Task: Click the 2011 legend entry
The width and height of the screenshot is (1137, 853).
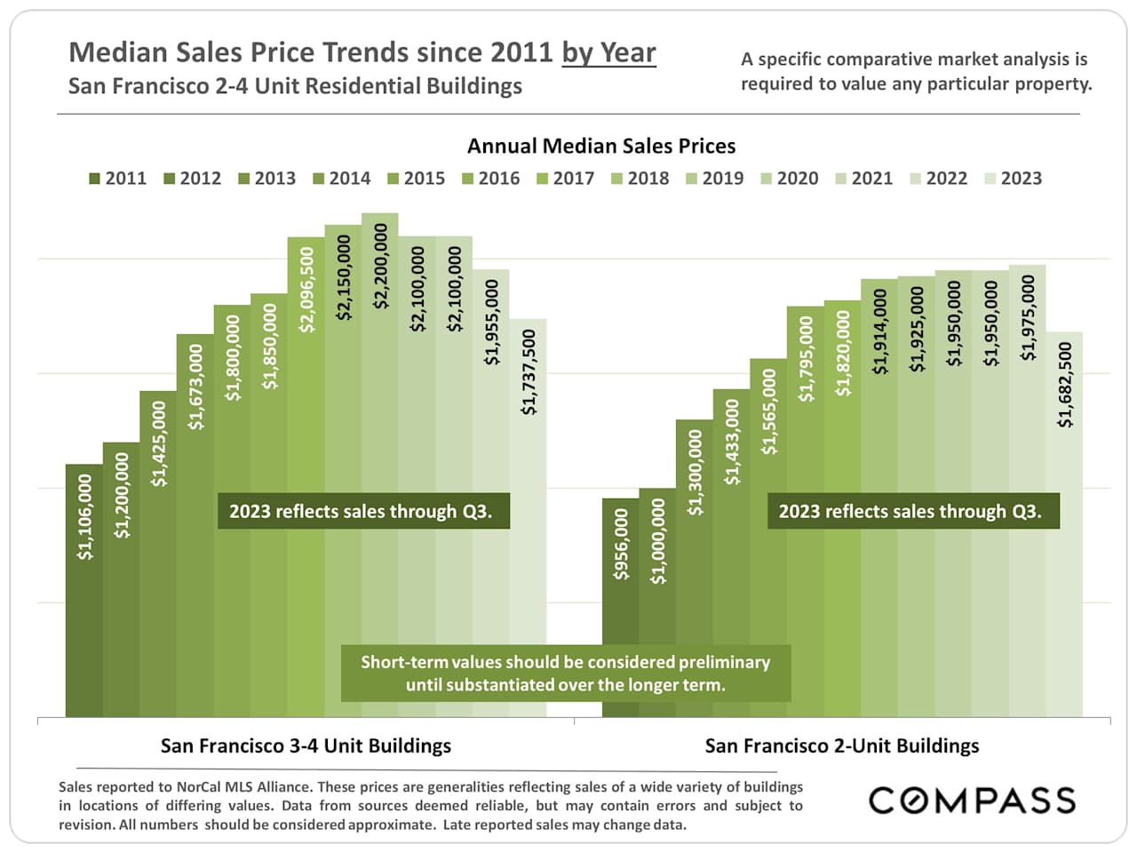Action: point(118,179)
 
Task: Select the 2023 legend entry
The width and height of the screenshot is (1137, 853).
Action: point(1014,179)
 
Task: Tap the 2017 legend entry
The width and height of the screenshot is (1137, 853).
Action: point(566,179)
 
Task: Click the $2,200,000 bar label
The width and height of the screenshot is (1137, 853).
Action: point(380,265)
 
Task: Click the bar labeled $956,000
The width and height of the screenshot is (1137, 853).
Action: point(621,622)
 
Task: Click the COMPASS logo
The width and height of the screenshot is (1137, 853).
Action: point(972,800)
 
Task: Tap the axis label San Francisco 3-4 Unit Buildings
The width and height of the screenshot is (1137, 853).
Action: point(306,745)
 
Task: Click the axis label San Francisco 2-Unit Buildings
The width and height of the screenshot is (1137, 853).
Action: point(842,745)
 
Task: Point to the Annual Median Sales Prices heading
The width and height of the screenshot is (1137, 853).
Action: point(601,146)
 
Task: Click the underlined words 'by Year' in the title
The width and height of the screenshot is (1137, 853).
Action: point(608,52)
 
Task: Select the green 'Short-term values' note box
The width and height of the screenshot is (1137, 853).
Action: point(565,674)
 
